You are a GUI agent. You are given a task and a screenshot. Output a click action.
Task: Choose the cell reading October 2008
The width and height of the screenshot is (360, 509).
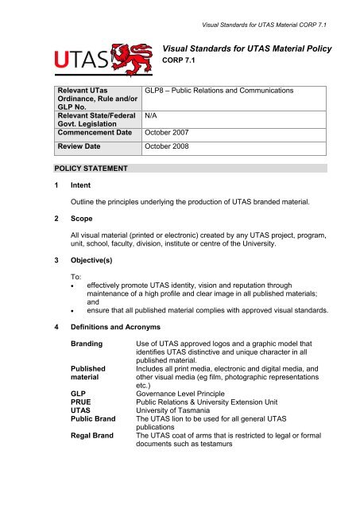pyautogui.click(x=168, y=147)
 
